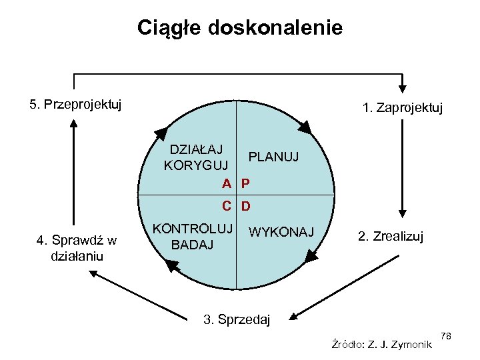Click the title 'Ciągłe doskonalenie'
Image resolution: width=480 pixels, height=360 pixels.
pos(240,27)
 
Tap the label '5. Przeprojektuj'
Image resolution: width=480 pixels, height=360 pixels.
pos(75,105)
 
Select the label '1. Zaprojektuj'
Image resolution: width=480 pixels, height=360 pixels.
pos(402,107)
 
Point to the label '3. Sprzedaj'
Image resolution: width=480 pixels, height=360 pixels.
pos(237,320)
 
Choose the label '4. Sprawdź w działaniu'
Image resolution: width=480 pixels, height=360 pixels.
pos(77,248)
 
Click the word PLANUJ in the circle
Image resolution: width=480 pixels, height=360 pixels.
pos(273,157)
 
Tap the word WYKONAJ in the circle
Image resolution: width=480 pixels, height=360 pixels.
pos(280,232)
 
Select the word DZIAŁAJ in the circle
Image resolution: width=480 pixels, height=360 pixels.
pos(197,147)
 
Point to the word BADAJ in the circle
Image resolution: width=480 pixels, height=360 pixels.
pos(193,245)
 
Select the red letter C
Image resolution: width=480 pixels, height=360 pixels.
pos(227,206)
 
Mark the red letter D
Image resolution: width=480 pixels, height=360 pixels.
pos(246,206)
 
